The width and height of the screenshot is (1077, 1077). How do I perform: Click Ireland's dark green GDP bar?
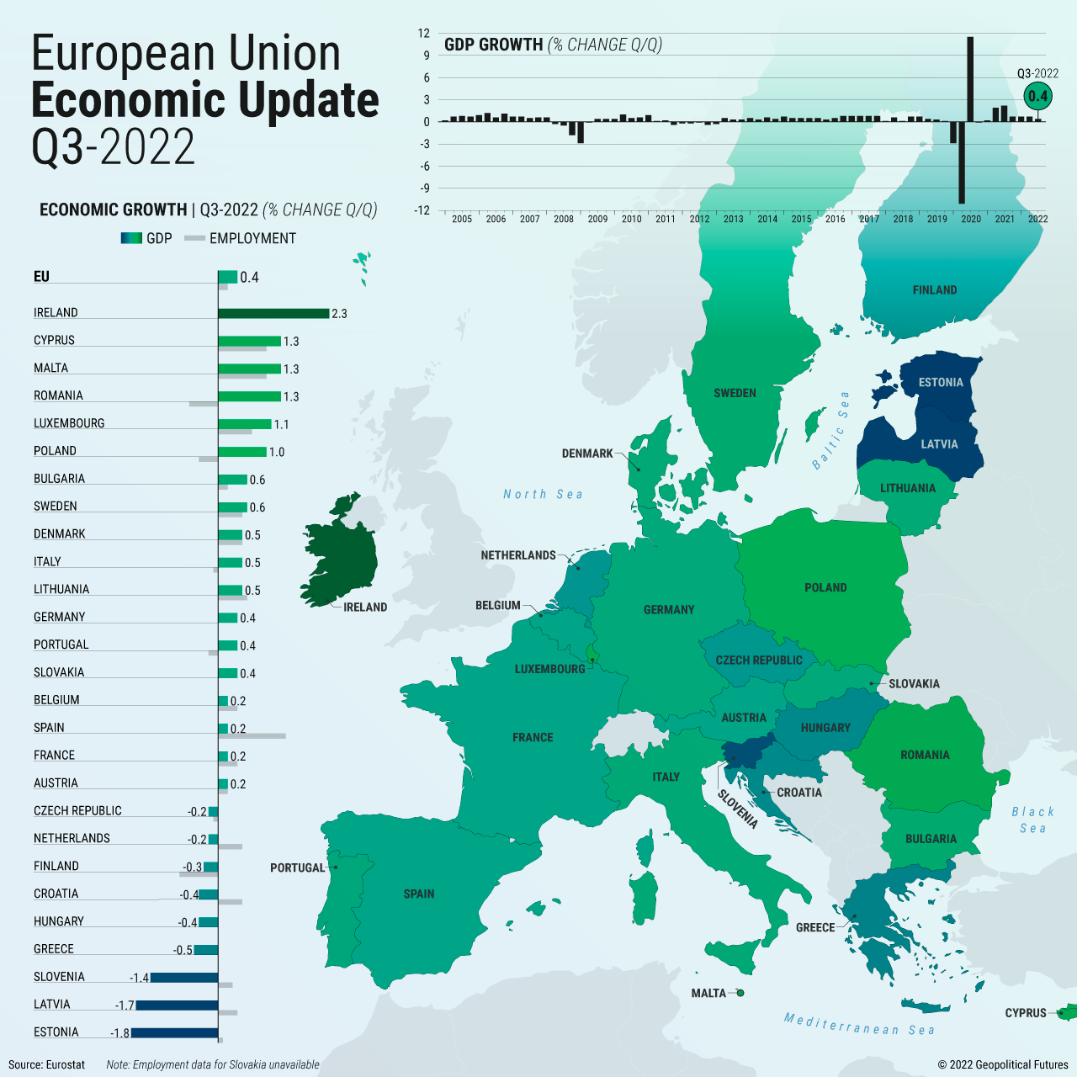pos(273,313)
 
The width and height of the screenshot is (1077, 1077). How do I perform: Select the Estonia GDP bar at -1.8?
pos(174,1033)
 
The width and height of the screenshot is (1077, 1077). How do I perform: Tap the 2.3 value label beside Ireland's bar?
pos(339,314)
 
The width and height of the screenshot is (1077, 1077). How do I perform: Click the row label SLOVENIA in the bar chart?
pos(59,977)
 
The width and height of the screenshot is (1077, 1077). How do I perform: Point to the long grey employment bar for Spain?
pos(252,736)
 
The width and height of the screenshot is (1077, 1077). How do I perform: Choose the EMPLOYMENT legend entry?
pos(252,239)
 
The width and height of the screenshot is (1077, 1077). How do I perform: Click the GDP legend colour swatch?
pos(131,239)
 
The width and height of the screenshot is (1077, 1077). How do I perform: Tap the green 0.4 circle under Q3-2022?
pos(1037,96)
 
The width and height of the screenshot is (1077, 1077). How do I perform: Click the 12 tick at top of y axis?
pos(423,34)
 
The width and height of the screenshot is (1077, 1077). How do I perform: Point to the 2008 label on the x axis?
pos(564,219)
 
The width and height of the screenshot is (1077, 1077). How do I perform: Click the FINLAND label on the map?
pos(935,290)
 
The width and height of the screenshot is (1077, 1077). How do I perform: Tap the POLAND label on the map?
pos(825,588)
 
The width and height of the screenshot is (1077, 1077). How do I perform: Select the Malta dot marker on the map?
pos(740,993)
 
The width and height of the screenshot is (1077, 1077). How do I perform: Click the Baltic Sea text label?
pos(830,430)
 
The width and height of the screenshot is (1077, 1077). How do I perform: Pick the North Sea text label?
pos(543,495)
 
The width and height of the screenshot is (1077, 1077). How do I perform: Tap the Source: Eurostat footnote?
pos(47,1064)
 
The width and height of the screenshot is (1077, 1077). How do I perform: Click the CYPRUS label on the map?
pos(1026,1013)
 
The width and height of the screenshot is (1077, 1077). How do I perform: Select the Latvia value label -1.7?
pos(125,1005)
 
